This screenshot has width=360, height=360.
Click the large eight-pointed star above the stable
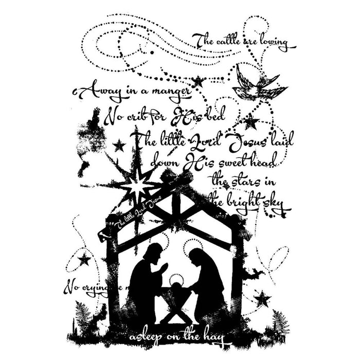click(138, 184)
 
